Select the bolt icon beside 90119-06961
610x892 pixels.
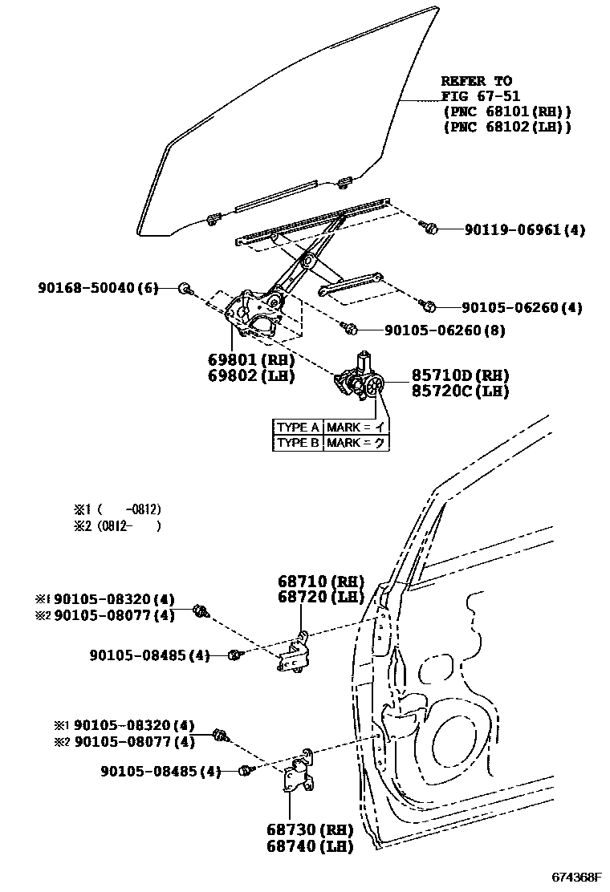[x=429, y=229]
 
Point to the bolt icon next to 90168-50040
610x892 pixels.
[x=185, y=289]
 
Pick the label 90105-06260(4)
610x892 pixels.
[x=522, y=307]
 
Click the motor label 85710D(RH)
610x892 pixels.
[x=461, y=375]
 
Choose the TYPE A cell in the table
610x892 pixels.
[x=299, y=427]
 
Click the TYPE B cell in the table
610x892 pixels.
[x=299, y=442]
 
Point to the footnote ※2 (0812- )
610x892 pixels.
[x=117, y=526]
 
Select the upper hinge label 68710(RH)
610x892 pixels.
[x=321, y=581]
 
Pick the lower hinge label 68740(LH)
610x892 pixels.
[x=312, y=845]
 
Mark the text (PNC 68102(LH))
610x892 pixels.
[x=506, y=127]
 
